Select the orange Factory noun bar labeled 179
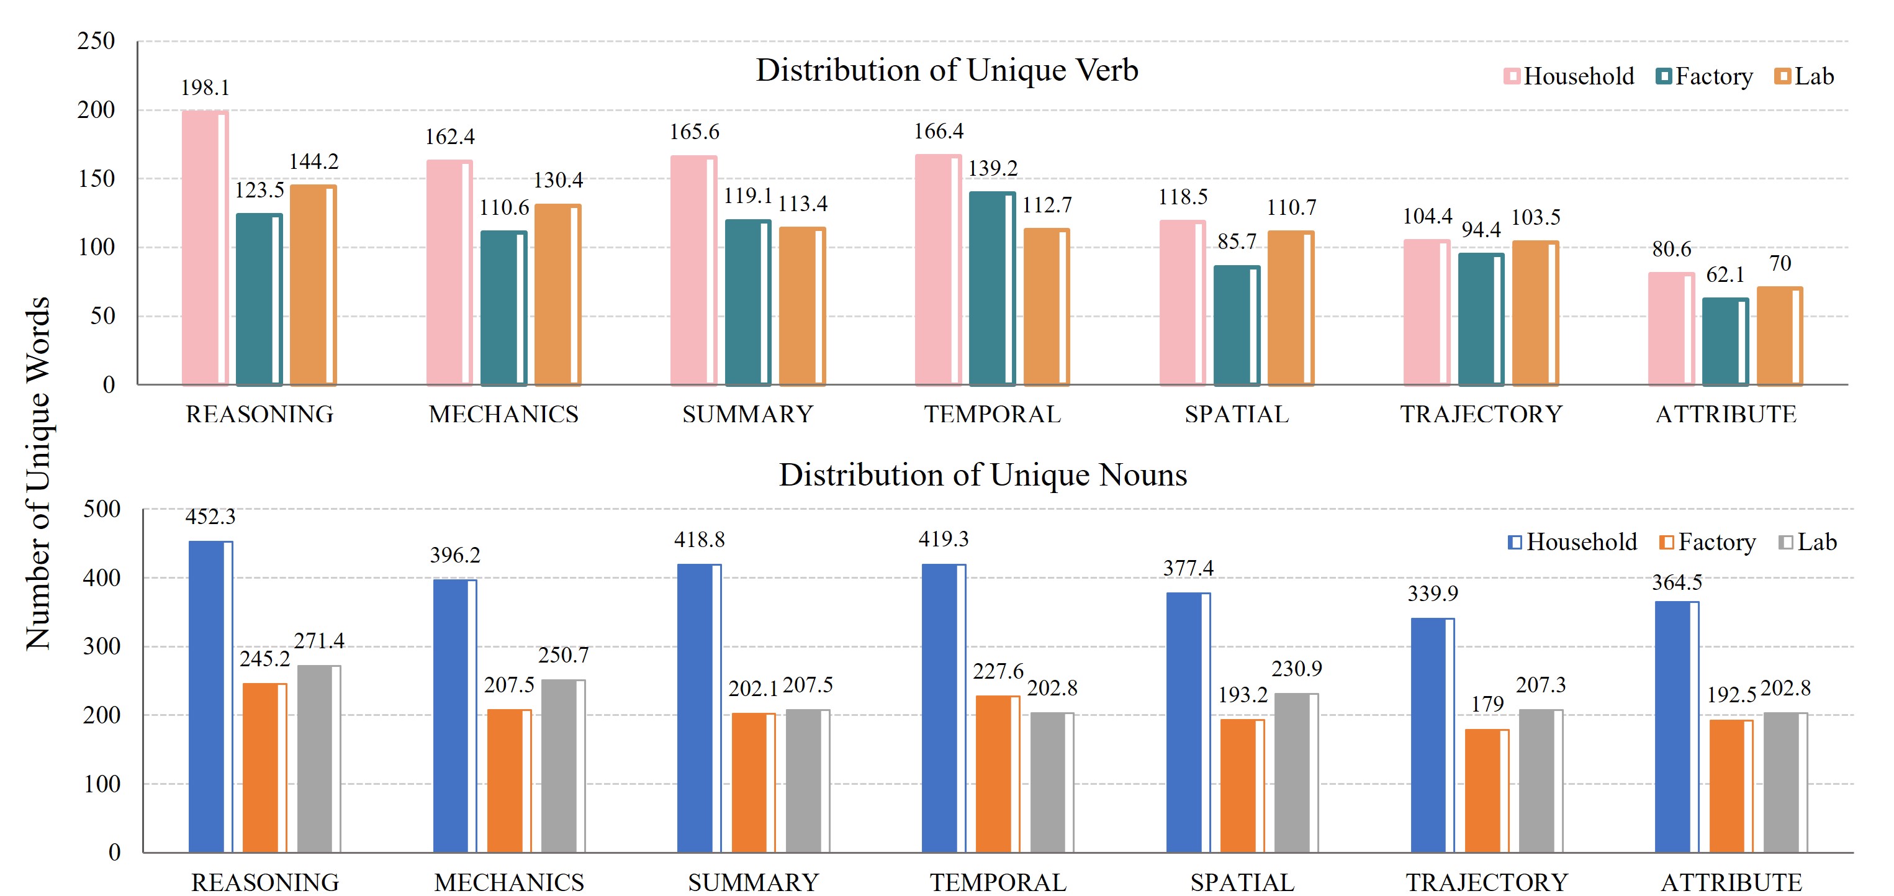click(1487, 791)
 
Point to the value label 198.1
click(205, 88)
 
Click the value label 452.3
click(210, 517)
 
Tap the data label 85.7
click(1237, 242)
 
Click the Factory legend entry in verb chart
click(1704, 76)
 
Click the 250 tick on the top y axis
click(96, 41)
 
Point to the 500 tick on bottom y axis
click(101, 509)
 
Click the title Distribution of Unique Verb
click(947, 71)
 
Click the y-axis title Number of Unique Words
click(38, 473)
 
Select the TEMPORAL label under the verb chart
click(993, 415)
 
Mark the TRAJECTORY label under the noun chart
click(1487, 882)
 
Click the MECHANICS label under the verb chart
click(503, 415)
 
